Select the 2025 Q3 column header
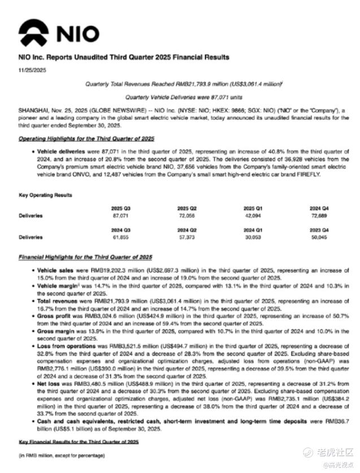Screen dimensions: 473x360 [121, 209]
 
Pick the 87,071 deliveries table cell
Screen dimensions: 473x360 [121, 216]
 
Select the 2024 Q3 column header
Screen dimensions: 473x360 [121, 230]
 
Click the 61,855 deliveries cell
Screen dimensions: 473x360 [121, 238]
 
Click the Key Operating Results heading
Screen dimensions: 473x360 [45, 196]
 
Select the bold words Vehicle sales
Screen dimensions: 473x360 [54, 271]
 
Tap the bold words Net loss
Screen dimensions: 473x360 [48, 382]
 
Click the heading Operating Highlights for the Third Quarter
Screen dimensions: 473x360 [86, 138]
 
